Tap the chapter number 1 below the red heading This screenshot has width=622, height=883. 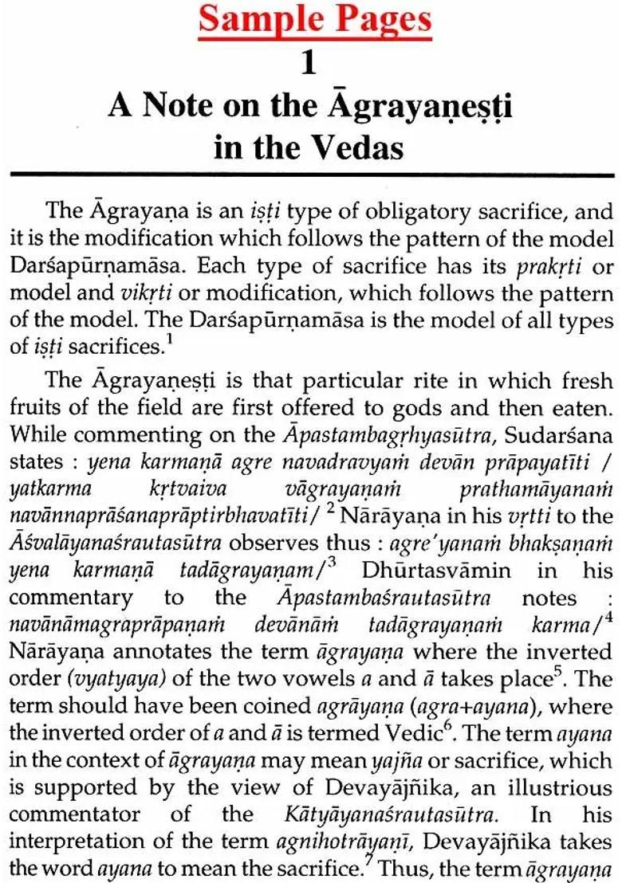pyautogui.click(x=309, y=65)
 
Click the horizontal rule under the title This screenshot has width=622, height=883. pyautogui.click(x=311, y=175)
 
